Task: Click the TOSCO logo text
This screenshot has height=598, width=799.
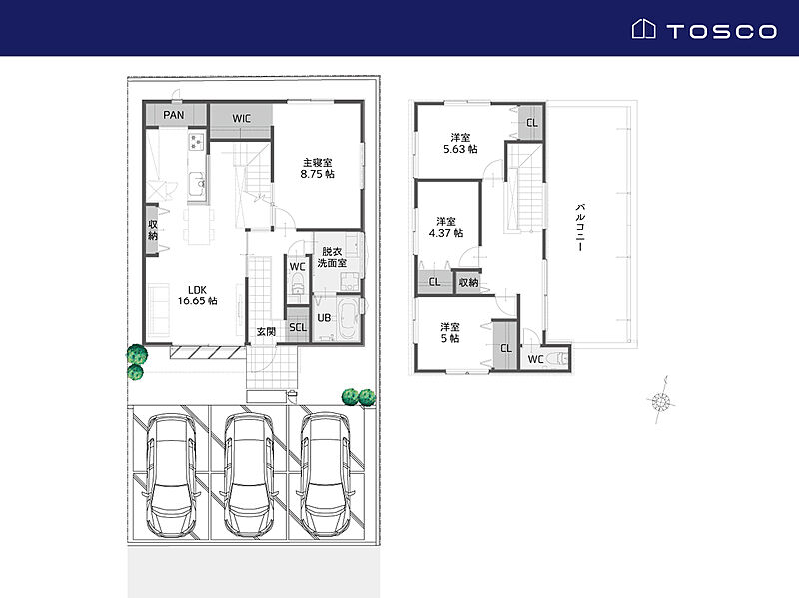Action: [x=721, y=32]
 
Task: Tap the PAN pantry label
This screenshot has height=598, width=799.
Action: [x=173, y=115]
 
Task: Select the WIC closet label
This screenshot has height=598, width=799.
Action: [x=241, y=118]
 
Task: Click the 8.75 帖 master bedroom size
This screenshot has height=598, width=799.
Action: [x=317, y=174]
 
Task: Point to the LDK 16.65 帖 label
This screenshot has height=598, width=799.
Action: [x=197, y=296]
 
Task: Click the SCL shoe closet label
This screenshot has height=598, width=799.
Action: [x=298, y=327]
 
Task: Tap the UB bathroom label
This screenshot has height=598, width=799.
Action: [x=324, y=318]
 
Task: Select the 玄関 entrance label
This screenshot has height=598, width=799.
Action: [x=266, y=332]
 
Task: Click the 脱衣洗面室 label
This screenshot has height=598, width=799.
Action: [x=332, y=257]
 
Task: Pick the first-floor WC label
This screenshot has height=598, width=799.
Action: [x=297, y=267]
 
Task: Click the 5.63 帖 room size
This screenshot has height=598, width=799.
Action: [x=460, y=149]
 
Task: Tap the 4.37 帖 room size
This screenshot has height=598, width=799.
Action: [x=446, y=233]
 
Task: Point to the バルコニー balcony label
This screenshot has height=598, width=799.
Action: [x=580, y=228]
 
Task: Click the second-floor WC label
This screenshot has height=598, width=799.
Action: [x=535, y=359]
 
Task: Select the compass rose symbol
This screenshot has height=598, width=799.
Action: [x=661, y=401]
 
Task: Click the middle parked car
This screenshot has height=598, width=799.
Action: [x=249, y=475]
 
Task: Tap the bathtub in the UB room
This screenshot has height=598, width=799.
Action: [x=349, y=318]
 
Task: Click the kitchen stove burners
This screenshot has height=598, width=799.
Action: [x=197, y=141]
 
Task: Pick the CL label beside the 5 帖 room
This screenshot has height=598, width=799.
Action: [x=506, y=349]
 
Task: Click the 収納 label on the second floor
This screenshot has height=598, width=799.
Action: [x=468, y=282]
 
